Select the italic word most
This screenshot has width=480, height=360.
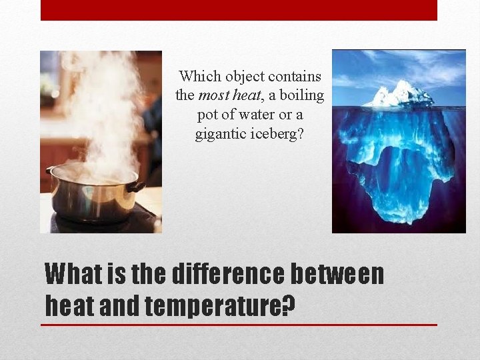click(x=211, y=95)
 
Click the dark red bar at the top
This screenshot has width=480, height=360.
click(x=239, y=10)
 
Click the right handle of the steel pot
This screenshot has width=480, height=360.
click(x=137, y=187)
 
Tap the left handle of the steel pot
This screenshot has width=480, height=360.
click(x=49, y=171)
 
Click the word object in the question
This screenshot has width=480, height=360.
click(x=241, y=77)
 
